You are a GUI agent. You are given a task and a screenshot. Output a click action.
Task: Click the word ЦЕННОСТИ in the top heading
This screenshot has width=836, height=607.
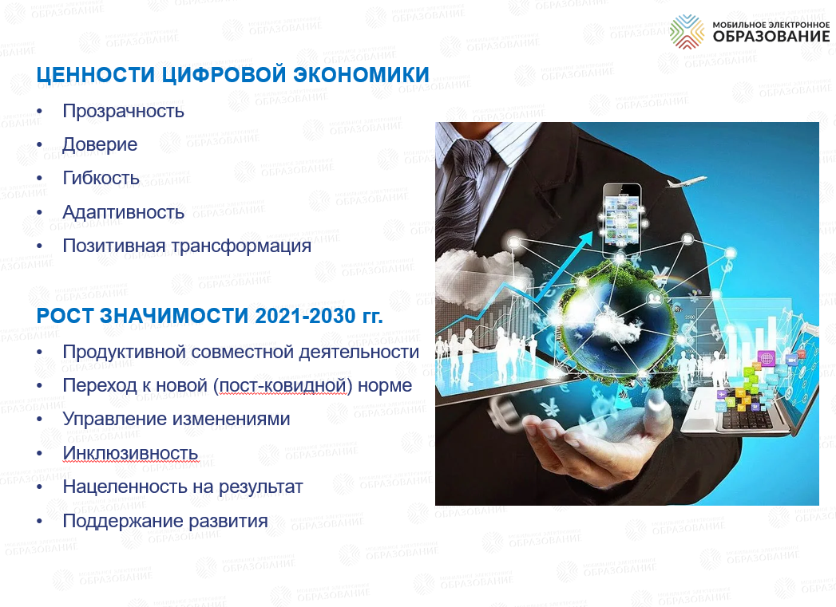96,74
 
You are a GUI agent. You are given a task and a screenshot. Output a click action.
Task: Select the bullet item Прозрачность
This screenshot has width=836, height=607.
123,111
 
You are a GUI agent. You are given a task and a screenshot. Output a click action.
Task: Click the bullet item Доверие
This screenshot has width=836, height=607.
100,144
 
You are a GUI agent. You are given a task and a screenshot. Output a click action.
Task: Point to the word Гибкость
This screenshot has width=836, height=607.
101,178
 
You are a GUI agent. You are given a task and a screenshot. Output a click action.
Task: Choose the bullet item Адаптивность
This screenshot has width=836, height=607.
123,212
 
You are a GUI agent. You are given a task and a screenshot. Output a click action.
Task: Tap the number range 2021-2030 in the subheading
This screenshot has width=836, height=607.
305,316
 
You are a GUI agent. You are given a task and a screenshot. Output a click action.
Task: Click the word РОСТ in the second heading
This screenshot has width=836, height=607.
65,316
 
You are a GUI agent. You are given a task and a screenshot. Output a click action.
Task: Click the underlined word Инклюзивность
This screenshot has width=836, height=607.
130,453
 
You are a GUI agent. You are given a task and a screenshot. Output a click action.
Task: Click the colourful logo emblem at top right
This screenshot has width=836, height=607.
687,31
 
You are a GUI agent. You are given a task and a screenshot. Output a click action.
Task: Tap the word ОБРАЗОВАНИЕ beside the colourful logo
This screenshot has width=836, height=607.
771,37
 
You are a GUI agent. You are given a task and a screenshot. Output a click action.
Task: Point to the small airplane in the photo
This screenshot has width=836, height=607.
686,182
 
